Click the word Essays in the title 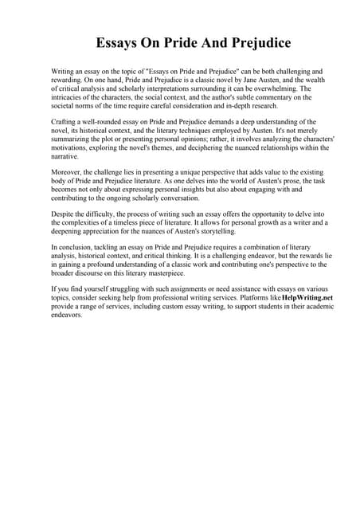117,41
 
